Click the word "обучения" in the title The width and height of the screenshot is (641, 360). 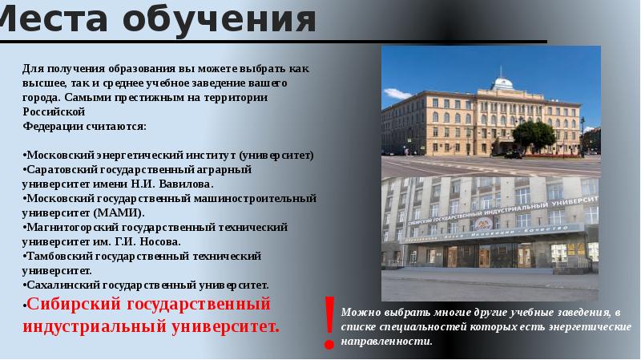(x=219, y=19)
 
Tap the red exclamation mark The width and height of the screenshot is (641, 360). (x=329, y=322)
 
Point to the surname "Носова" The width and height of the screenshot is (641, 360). (x=159, y=241)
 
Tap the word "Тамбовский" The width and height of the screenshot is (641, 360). (x=59, y=256)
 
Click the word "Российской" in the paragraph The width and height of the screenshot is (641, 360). (x=54, y=111)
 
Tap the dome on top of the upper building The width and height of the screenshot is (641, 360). (x=502, y=83)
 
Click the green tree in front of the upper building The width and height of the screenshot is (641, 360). (x=534, y=136)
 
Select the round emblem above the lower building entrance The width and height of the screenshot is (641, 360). (x=484, y=224)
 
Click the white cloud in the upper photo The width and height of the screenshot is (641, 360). (x=396, y=94)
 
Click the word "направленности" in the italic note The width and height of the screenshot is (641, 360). (x=386, y=342)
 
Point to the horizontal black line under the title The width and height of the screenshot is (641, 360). (x=273, y=42)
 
